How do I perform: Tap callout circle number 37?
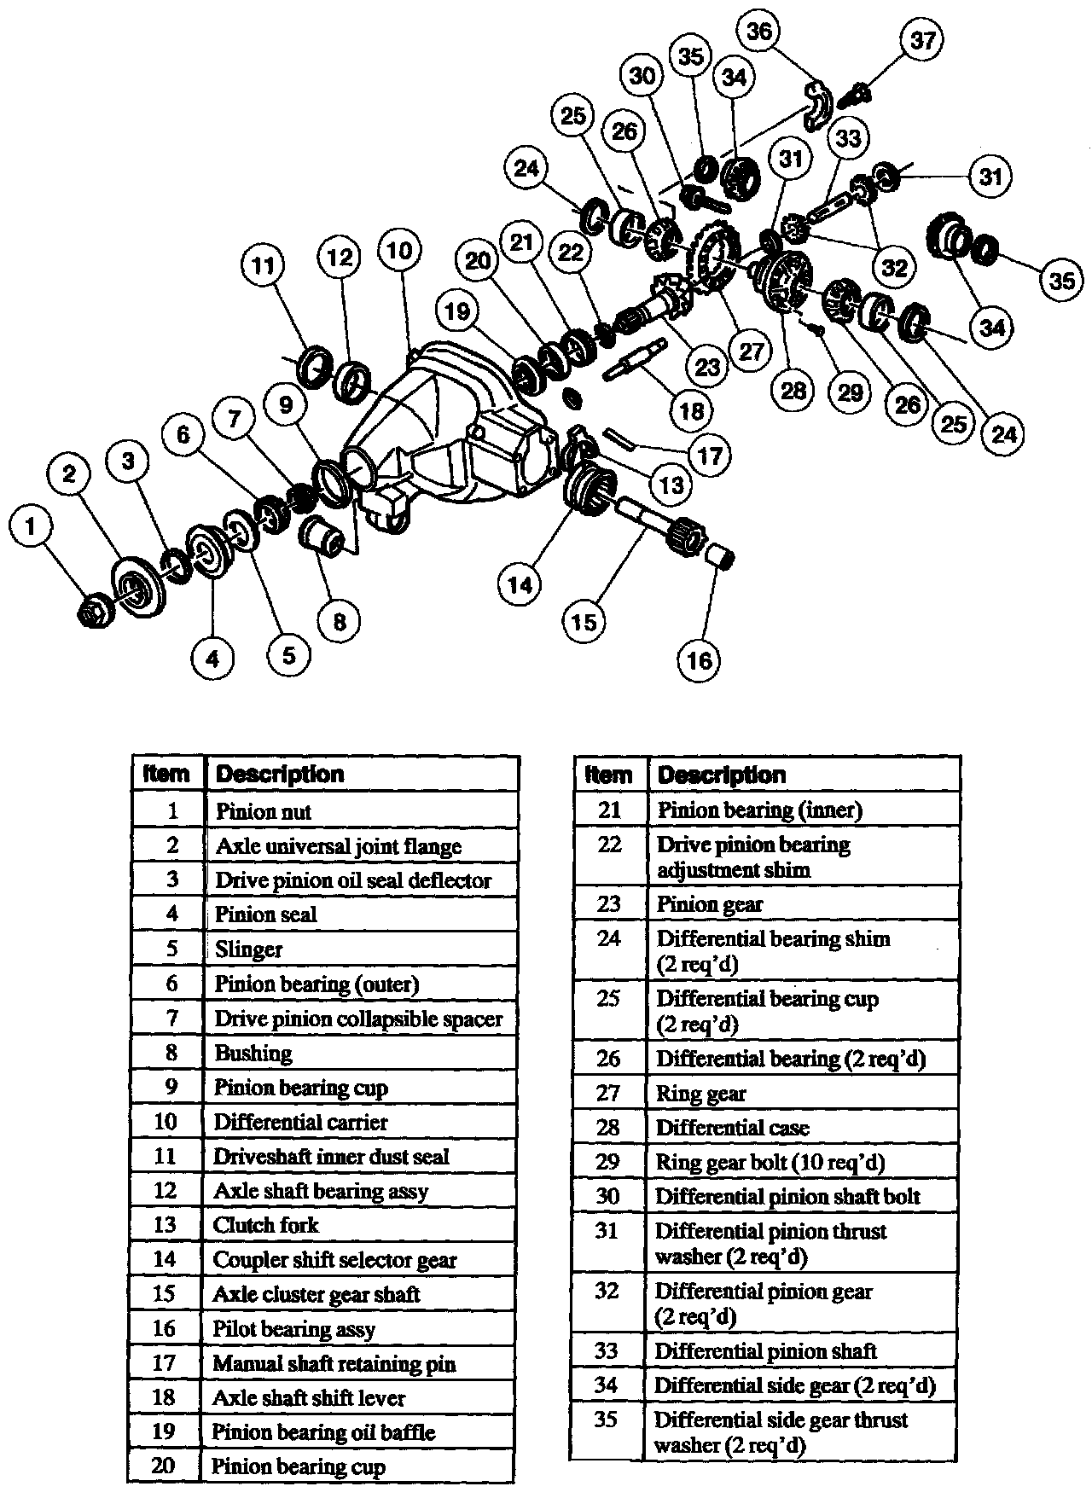coord(922,40)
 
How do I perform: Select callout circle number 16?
coord(699,659)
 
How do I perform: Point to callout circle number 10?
coord(399,250)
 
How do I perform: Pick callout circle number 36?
coord(759,32)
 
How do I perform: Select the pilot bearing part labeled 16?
coord(722,558)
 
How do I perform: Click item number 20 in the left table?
coord(164,1466)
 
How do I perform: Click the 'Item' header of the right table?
coord(609,775)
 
